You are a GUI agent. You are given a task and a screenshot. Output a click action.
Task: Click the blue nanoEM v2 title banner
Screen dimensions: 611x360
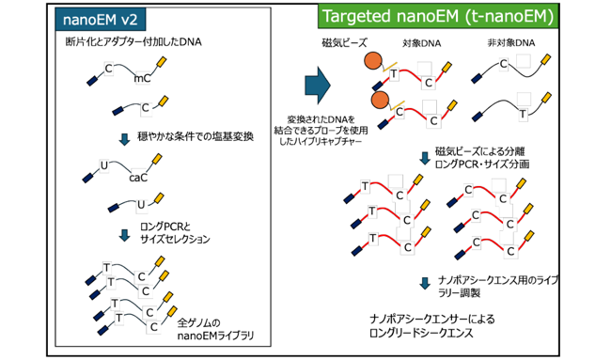tap(101, 19)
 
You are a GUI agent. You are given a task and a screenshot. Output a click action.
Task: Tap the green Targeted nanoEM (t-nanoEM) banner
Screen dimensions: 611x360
tap(438, 16)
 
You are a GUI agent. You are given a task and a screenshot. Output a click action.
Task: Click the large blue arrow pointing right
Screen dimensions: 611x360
tap(318, 86)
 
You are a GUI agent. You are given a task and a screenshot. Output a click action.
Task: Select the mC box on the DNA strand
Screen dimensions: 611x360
tap(142, 79)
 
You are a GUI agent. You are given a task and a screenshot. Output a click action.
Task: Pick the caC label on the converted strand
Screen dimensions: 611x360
tap(138, 178)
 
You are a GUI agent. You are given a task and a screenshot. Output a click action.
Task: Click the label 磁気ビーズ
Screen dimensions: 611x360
tap(344, 42)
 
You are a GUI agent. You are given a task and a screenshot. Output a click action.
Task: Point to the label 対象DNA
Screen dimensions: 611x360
tap(422, 43)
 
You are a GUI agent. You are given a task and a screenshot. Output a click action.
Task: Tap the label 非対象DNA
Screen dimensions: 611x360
tap(511, 42)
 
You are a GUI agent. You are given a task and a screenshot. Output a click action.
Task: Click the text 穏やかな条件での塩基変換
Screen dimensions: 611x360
tap(196, 136)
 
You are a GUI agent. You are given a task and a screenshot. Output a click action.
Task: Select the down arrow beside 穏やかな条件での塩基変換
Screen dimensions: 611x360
tap(124, 139)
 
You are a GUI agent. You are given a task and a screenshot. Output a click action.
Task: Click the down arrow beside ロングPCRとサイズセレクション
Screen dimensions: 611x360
tap(124, 235)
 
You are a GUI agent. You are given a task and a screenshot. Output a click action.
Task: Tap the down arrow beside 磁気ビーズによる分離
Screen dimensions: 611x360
tap(425, 158)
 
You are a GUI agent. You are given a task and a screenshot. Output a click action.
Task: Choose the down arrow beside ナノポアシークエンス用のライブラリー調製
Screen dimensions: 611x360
tap(425, 283)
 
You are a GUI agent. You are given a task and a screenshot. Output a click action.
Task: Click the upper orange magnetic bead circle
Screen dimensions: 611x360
tap(373, 61)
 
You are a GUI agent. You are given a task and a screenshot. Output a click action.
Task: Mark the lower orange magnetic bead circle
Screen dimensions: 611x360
tap(381, 101)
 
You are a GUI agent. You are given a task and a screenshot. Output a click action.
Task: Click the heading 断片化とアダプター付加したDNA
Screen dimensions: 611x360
tap(133, 41)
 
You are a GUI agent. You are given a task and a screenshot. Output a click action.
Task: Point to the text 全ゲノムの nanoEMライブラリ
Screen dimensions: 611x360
tap(215, 329)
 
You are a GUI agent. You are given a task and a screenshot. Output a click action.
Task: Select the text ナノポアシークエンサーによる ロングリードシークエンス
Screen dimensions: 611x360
tap(432, 326)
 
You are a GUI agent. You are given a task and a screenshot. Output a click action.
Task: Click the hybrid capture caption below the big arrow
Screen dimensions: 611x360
tap(321, 130)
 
